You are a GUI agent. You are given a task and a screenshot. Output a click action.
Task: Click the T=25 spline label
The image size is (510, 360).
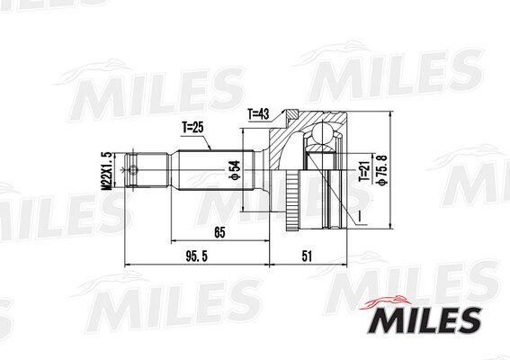(x=193, y=128)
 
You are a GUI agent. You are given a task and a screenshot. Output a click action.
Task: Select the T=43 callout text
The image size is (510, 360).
(x=259, y=114)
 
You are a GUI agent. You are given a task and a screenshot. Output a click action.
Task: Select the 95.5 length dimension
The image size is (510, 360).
(x=184, y=256)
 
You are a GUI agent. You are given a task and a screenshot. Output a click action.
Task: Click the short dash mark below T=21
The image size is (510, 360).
(x=357, y=215)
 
